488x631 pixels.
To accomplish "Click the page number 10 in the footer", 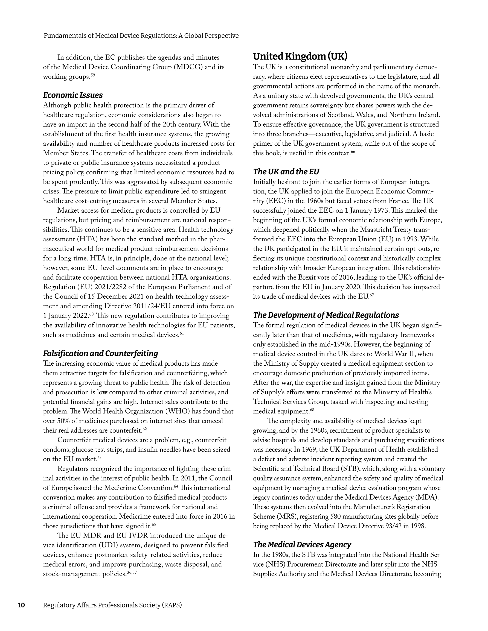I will (21, 605).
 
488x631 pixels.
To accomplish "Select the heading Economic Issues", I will (72, 95).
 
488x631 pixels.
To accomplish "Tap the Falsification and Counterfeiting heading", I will (100, 353).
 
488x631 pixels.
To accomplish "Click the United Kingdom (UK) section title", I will (300, 56).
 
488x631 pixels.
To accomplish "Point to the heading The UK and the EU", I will (286, 172).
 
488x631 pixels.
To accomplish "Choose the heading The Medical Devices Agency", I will (302, 545).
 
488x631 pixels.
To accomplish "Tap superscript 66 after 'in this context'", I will (353, 152).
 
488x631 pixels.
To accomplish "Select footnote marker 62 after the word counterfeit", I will (145, 429).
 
